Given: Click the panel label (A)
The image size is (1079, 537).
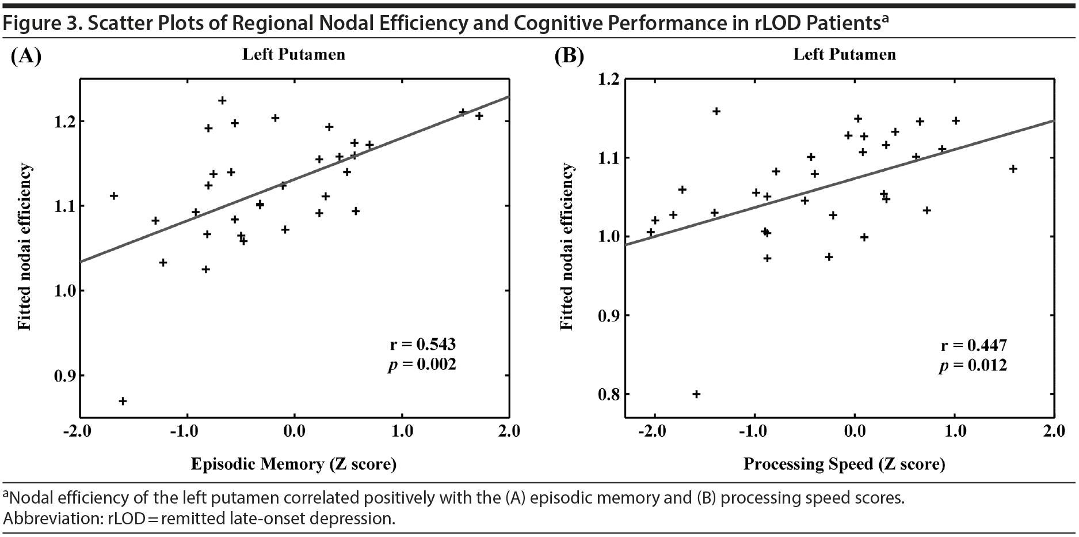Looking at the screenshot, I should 26,56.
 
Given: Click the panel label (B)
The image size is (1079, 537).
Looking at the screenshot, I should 569,56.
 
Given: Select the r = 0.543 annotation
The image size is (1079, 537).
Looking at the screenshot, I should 422,345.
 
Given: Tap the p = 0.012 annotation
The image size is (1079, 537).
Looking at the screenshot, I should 973,365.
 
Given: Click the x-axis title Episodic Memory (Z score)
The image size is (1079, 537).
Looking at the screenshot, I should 293,464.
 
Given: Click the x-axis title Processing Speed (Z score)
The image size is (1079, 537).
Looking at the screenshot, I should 844,464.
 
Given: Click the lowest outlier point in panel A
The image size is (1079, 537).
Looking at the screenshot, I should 123,401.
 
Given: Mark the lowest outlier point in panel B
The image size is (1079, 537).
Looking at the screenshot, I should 696,394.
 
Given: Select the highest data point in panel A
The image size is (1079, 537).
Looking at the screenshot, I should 222,100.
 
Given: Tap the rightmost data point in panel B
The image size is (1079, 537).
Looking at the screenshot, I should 1013,169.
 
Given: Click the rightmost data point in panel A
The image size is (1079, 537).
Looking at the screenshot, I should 479,116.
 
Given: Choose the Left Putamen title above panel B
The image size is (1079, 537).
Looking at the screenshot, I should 844,55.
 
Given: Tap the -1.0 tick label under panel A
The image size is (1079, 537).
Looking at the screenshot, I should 185,431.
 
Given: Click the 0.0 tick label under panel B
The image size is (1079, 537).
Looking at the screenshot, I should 854,431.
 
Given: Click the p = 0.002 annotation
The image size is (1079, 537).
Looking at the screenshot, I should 422,364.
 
